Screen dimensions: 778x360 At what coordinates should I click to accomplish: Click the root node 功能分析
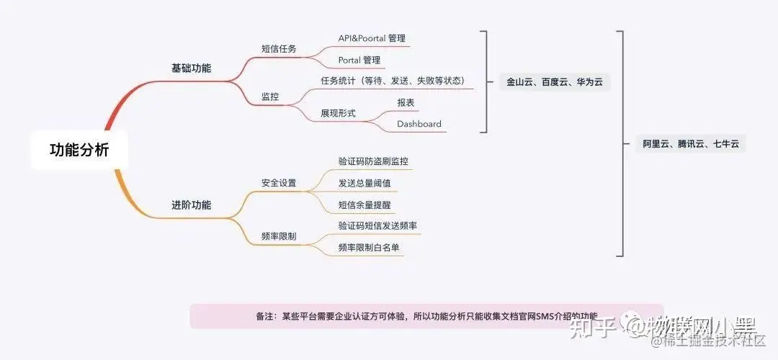[x=79, y=150]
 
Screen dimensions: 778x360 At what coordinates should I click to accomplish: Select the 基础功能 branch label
[x=191, y=68]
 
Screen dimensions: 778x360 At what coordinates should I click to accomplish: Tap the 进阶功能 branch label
[x=191, y=204]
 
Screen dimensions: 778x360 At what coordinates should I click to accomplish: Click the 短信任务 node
[x=279, y=50]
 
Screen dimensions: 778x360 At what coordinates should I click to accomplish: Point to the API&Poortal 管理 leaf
[x=372, y=38]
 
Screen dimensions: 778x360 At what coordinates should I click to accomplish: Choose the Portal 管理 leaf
[x=359, y=60]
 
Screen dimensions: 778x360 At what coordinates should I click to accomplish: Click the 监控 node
[x=270, y=96]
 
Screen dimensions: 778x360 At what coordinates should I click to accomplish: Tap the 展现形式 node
[x=339, y=113]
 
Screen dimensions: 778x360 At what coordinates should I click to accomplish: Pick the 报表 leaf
[x=406, y=103]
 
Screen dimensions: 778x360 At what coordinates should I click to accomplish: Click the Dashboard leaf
[x=419, y=124]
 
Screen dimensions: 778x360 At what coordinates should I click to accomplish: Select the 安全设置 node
[x=279, y=183]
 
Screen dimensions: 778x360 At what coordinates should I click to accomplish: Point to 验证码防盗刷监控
[x=377, y=161]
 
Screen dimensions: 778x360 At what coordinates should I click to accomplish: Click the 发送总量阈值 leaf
[x=365, y=183]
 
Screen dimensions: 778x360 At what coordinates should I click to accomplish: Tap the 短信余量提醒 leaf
[x=365, y=204]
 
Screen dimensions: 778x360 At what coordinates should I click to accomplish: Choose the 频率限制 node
[x=279, y=236]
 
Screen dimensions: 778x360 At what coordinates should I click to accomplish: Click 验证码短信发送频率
[x=377, y=225]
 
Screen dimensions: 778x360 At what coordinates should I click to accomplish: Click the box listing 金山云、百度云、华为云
[x=554, y=82]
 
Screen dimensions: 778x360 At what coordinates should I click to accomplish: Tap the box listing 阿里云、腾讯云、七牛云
[x=691, y=144]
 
